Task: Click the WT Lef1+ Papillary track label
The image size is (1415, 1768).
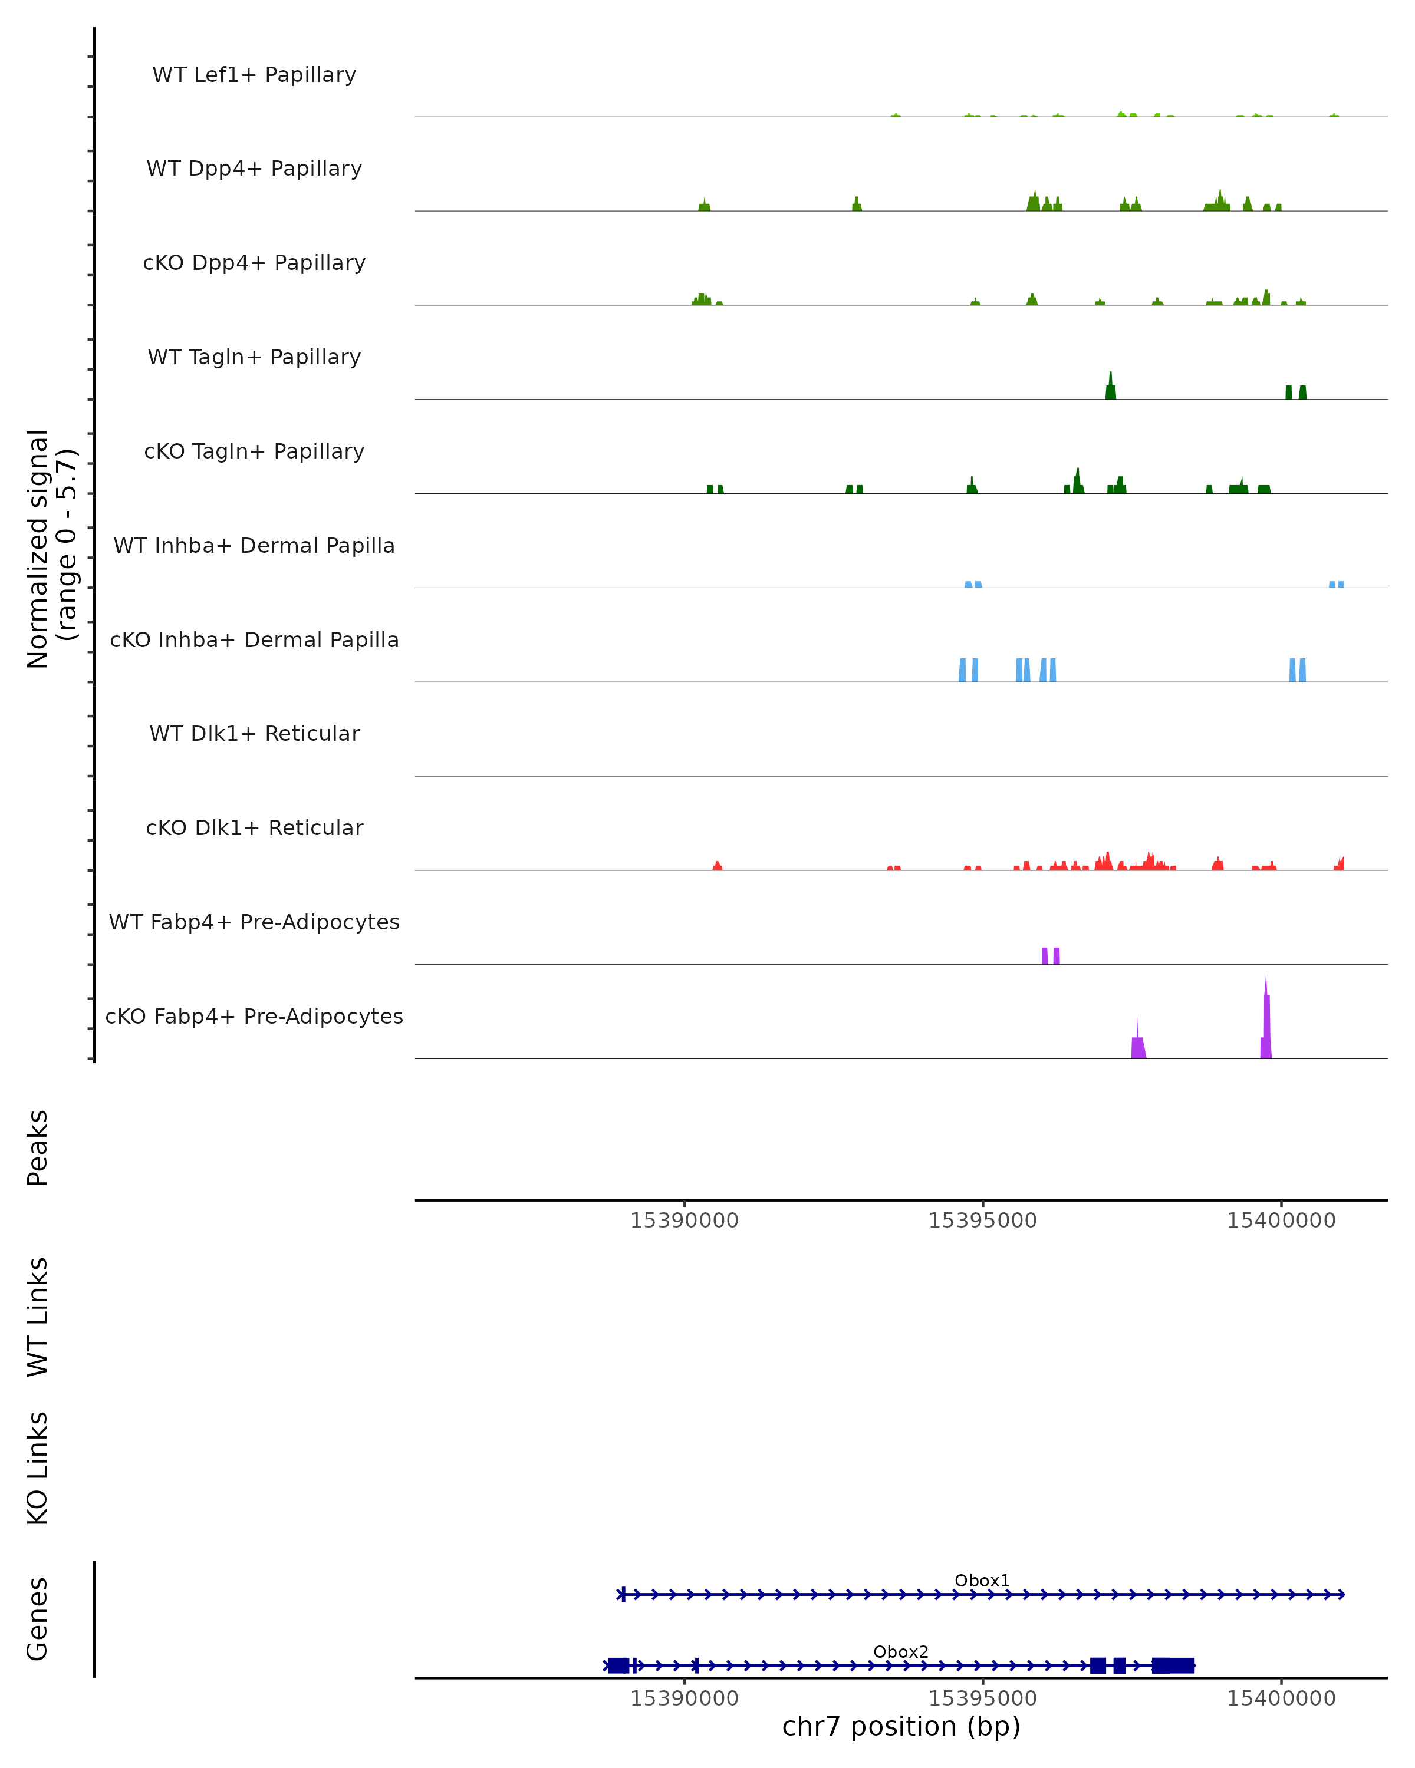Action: coord(254,75)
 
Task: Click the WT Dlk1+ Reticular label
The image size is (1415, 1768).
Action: coord(254,733)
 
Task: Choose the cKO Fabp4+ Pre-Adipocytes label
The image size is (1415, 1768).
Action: coord(254,1016)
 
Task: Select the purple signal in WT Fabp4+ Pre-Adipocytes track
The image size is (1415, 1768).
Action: coord(1051,956)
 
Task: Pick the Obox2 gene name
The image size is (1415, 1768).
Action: coord(901,1651)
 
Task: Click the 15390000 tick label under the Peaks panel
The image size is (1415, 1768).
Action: coord(684,1221)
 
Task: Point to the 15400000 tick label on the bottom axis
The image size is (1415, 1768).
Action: coord(1281,1698)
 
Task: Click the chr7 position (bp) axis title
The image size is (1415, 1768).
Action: coord(901,1727)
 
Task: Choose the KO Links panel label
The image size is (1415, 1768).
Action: coord(38,1469)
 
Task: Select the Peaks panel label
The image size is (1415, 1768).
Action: coord(38,1147)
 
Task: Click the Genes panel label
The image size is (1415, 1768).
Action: coord(38,1619)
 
